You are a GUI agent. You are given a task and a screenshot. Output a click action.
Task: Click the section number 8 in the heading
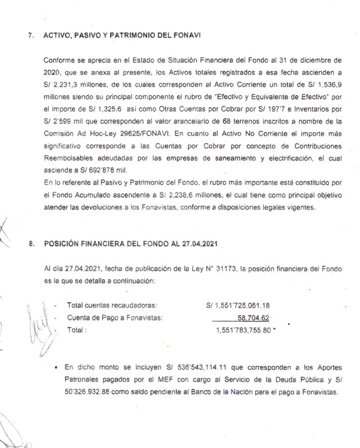[x=31, y=244]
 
